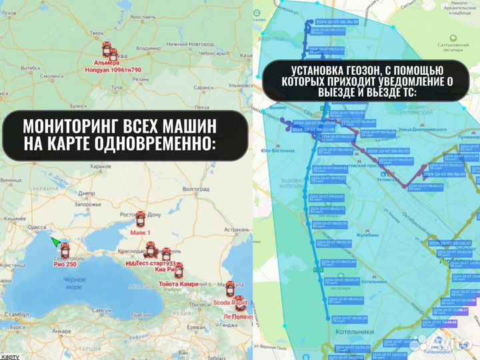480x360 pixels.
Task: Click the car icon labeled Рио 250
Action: coord(65,250)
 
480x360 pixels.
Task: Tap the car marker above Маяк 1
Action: coord(141,219)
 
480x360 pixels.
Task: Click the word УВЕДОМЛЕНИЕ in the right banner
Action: coord(406,81)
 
